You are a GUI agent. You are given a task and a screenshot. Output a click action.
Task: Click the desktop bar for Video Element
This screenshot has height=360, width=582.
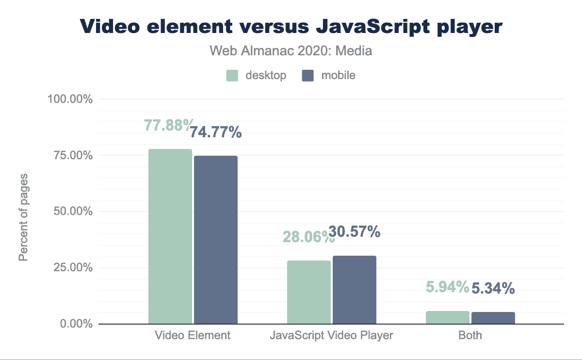tap(170, 236)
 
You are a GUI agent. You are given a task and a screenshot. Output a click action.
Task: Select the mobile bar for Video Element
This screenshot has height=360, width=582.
tap(216, 240)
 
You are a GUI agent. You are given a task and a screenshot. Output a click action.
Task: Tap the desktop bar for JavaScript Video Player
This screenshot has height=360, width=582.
tap(309, 292)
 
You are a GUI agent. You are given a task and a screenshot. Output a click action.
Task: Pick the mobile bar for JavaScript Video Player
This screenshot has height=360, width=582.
tap(355, 290)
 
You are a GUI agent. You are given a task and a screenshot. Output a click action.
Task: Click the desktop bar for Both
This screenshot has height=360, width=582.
tap(448, 317)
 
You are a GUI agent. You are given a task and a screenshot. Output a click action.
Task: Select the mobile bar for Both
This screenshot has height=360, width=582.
tap(493, 318)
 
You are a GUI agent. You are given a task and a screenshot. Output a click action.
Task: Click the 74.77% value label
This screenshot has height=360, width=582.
tap(215, 132)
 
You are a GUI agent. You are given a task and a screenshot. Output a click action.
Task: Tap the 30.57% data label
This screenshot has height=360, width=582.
tap(354, 232)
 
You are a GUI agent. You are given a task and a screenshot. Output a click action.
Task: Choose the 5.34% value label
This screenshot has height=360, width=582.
tap(493, 289)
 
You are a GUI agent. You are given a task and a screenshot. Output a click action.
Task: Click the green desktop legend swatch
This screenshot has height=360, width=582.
tap(232, 76)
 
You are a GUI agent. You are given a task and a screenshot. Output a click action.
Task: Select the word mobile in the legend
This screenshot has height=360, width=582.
tap(338, 75)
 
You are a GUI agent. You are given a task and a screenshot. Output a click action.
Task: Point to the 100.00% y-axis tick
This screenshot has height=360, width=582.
tap(70, 99)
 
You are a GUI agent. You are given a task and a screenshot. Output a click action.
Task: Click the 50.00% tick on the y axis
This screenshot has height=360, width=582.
tap(72, 212)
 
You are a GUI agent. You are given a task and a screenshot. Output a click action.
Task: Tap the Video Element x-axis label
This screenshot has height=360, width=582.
tap(193, 335)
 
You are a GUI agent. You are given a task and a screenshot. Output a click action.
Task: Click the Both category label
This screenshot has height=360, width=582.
tap(470, 335)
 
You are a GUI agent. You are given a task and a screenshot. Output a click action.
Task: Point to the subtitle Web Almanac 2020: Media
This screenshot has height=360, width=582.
tap(291, 51)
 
